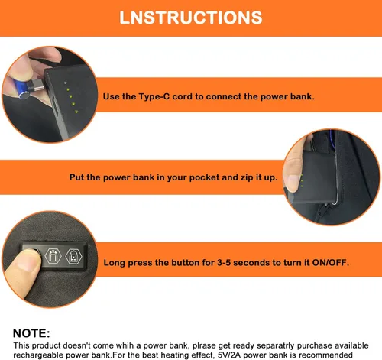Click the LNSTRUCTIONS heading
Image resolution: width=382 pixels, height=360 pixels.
[191, 18]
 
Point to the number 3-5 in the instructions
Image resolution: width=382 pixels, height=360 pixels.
[224, 262]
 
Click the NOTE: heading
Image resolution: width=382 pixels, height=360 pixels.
[31, 333]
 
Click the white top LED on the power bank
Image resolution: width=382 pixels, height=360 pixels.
[66, 83]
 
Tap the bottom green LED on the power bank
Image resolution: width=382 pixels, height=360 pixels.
[76, 112]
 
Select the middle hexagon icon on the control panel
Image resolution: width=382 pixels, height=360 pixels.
[53, 255]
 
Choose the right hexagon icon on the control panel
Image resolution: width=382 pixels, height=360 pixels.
[74, 256]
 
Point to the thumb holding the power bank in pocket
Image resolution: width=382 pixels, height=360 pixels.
[293, 176]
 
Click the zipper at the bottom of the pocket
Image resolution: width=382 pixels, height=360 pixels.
[322, 211]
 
